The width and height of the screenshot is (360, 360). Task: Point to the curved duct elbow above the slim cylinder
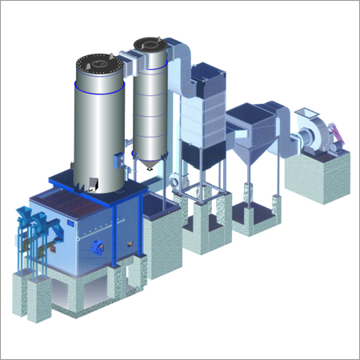[180, 56]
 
